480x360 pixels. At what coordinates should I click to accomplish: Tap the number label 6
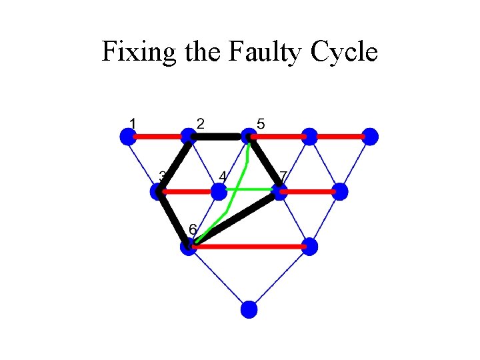(193, 229)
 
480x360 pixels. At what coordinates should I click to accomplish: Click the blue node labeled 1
(127, 137)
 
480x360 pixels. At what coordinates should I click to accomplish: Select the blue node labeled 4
(219, 192)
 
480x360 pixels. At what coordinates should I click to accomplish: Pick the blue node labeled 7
(279, 192)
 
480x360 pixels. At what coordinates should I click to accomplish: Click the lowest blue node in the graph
(249, 309)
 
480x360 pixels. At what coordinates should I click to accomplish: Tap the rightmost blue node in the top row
(371, 137)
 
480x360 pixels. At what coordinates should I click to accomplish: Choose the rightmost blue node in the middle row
(340, 192)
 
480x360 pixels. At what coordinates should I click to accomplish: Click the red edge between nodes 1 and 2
(158, 137)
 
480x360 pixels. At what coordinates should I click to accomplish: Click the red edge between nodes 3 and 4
(188, 192)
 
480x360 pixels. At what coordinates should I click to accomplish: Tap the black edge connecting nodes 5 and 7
(265, 163)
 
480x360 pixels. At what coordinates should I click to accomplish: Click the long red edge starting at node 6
(250, 247)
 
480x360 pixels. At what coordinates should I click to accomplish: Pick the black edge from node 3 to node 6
(175, 220)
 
